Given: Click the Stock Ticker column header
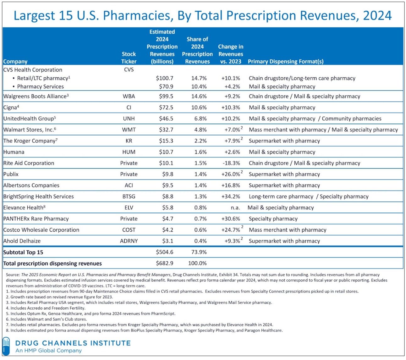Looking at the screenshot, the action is [129, 58].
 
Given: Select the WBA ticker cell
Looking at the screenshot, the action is [129, 96].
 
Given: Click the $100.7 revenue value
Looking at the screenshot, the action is [165, 78].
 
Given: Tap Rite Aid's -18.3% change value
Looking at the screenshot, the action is [231, 163].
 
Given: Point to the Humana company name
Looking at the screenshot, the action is [14, 152].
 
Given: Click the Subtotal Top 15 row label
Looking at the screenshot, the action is [23, 252].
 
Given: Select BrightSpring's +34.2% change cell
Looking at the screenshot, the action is [230, 196].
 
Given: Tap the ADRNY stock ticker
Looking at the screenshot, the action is [129, 241].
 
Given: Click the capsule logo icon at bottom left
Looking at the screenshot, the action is [6, 346].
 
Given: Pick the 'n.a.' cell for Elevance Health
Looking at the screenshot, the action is [235, 208].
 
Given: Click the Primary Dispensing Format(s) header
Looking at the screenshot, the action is [286, 61].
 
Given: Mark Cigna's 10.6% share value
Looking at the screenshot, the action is [199, 107].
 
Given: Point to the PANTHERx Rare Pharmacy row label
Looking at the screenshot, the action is [36, 219].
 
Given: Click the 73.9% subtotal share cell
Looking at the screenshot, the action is [199, 252].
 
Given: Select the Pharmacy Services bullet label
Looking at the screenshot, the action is [40, 86].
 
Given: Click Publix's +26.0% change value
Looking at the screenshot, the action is [230, 174].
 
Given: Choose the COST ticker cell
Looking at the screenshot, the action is [129, 230].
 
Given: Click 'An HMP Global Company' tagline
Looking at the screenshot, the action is [49, 350].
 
